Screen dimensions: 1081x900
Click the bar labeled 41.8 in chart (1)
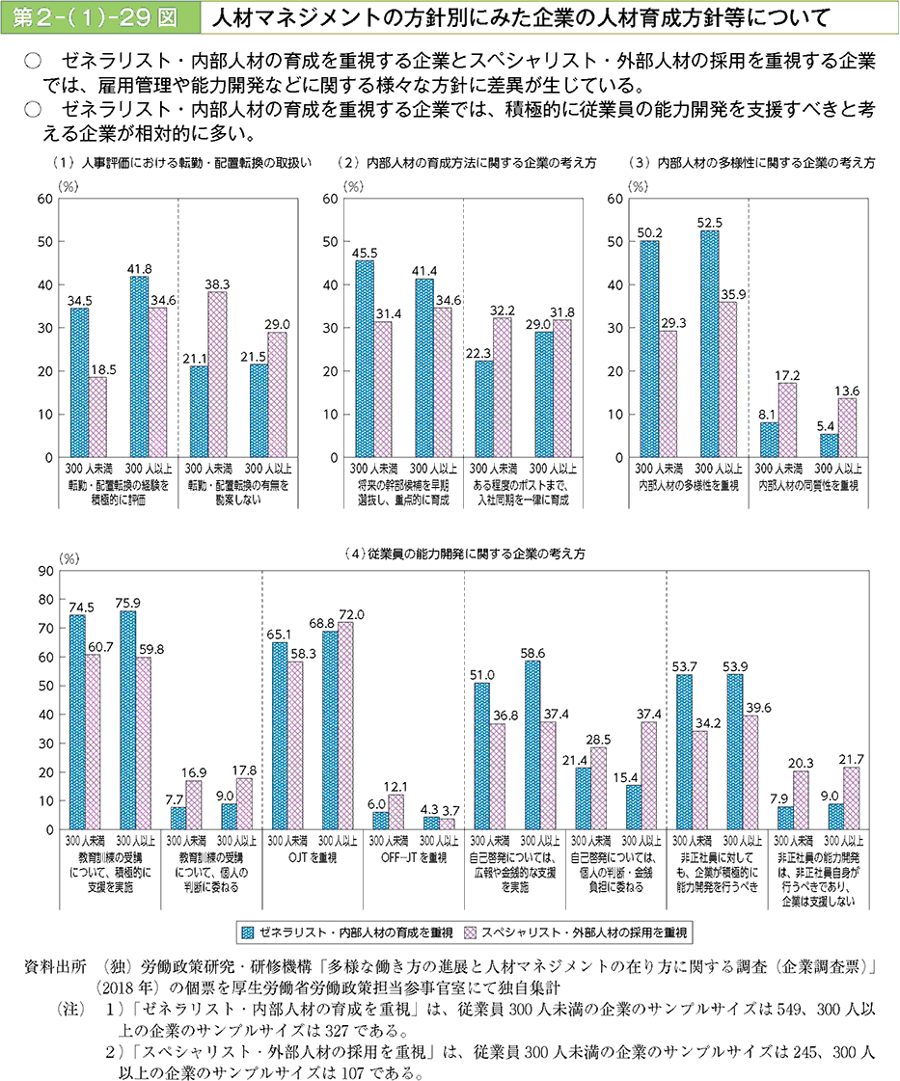coord(139,366)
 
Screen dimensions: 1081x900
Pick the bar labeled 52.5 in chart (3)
coord(709,343)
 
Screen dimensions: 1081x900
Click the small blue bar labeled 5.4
coord(829,446)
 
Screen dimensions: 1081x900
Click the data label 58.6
coord(532,652)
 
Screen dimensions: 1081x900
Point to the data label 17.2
coord(789,371)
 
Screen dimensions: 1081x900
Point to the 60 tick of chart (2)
coord(331,199)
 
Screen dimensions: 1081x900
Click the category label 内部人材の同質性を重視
coord(807,486)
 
